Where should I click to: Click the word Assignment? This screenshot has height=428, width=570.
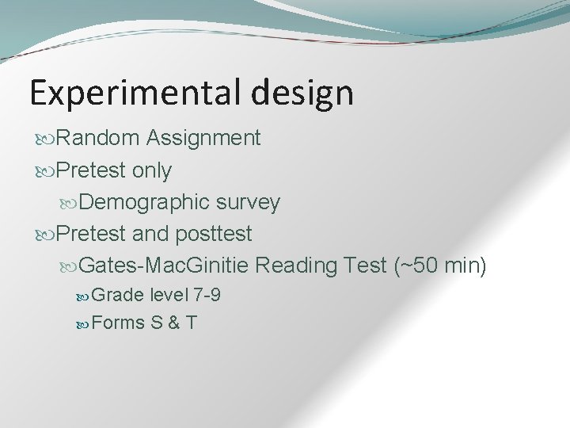pyautogui.click(x=203, y=139)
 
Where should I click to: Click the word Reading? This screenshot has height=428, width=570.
pyautogui.click(x=298, y=266)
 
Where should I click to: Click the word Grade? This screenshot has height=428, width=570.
pyautogui.click(x=117, y=296)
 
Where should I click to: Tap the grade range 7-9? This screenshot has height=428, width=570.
pyautogui.click(x=207, y=296)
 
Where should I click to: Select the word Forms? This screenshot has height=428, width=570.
pyautogui.click(x=117, y=323)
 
